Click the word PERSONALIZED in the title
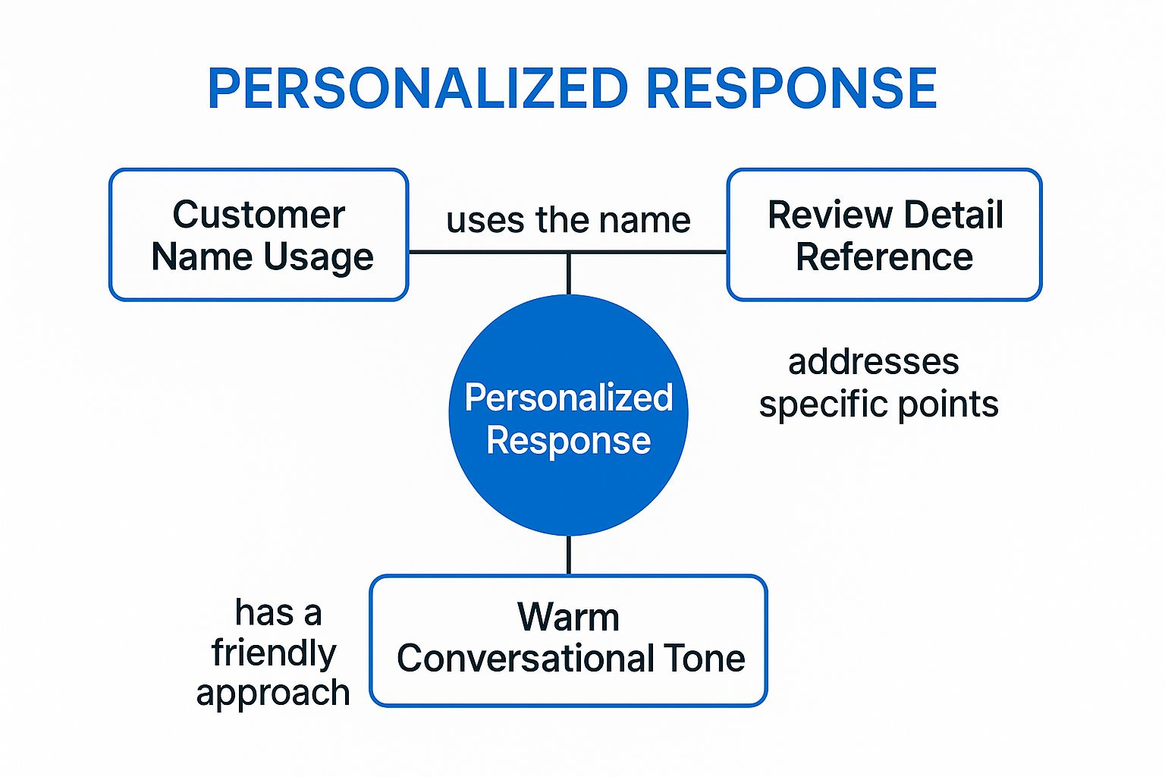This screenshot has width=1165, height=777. pyautogui.click(x=418, y=89)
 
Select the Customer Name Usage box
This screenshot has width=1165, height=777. pyautogui.click(x=259, y=234)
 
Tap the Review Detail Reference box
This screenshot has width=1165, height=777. pyautogui.click(x=884, y=234)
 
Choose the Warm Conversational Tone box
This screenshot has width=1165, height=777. pyautogui.click(x=569, y=640)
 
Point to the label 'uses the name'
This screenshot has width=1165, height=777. pyautogui.click(x=568, y=220)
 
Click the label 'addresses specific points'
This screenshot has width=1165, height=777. pyautogui.click(x=878, y=382)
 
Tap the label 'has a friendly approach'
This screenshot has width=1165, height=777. pyautogui.click(x=273, y=653)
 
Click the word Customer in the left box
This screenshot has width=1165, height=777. pyautogui.click(x=259, y=215)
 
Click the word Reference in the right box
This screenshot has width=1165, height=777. pyautogui.click(x=884, y=257)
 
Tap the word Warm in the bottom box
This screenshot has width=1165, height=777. pyautogui.click(x=568, y=617)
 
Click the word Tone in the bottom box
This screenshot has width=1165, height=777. pyautogui.click(x=705, y=658)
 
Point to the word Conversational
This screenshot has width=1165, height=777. pyautogui.click(x=525, y=658)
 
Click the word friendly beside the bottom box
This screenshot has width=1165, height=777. pyautogui.click(x=273, y=653)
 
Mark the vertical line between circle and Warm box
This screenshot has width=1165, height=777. pyautogui.click(x=568, y=555)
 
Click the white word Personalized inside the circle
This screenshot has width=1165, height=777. pyautogui.click(x=568, y=398)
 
